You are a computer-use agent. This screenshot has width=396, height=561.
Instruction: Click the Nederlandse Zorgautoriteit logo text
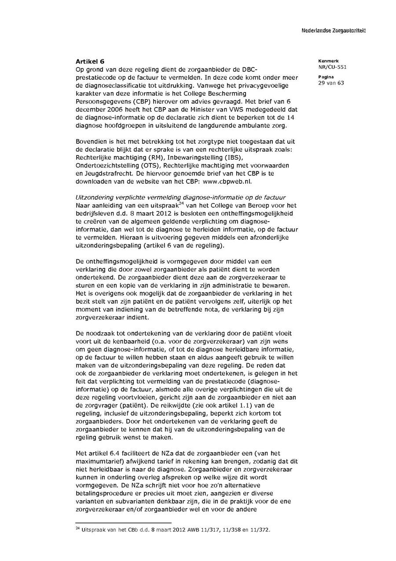click(x=333, y=30)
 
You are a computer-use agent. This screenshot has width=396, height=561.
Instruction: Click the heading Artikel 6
click(x=90, y=61)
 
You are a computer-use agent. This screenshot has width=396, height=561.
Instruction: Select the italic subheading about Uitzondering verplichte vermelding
click(x=180, y=197)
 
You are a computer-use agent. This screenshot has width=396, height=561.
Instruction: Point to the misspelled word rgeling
click(x=87, y=438)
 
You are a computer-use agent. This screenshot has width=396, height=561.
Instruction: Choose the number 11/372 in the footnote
click(x=259, y=530)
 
